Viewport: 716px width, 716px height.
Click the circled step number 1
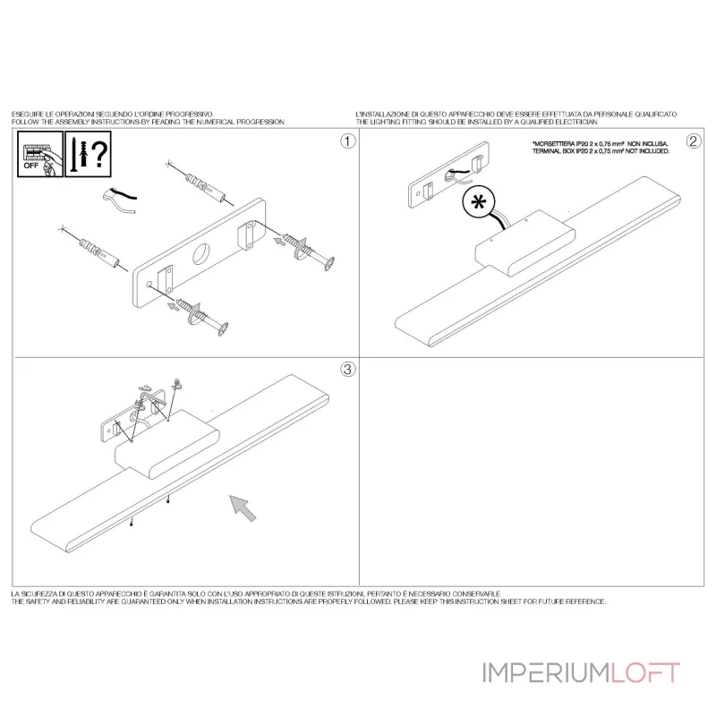(348, 141)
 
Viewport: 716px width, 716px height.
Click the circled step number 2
(694, 141)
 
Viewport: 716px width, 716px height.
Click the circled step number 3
(348, 369)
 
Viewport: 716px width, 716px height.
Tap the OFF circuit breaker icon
(40, 154)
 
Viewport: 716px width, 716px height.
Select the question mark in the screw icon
(100, 154)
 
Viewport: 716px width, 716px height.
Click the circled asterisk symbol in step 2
(479, 202)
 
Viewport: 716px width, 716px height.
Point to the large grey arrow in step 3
(243, 507)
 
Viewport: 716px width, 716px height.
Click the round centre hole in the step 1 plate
(200, 254)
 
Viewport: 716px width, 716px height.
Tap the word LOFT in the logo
(645, 673)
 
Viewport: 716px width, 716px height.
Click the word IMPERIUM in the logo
(546, 673)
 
